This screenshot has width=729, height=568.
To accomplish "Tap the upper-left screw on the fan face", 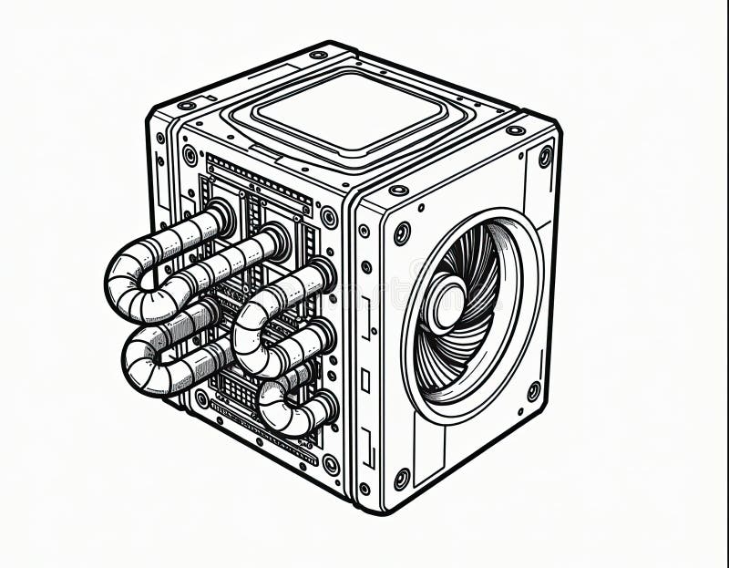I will tap(402, 232).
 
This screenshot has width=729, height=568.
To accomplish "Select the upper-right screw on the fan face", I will tap(545, 156).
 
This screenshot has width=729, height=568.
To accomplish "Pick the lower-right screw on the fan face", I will tap(534, 390).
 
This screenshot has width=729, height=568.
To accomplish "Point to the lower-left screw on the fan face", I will tap(401, 478).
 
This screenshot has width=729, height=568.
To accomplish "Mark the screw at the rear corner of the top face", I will tap(318, 55).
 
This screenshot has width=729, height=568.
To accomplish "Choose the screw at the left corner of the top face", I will tap(187, 106).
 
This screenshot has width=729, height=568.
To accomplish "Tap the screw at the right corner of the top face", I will tap(516, 130).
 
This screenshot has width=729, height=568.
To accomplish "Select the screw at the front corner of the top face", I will tap(397, 191).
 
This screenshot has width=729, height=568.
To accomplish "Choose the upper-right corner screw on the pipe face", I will tap(328, 218).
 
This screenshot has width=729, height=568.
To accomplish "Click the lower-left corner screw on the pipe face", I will tap(201, 398).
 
